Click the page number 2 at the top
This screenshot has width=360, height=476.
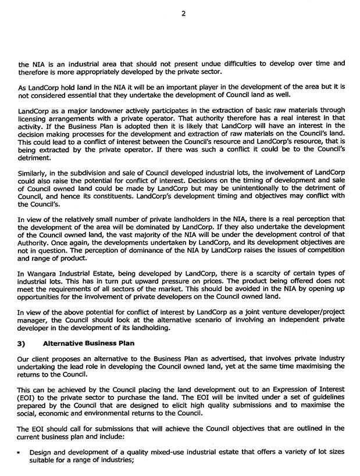tap(183, 15)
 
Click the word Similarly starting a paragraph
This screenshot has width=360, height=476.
tap(34, 174)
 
